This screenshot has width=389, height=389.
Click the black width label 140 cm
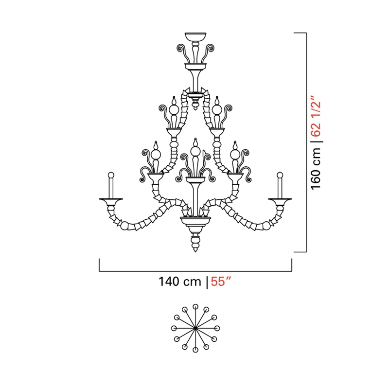(x=179, y=282)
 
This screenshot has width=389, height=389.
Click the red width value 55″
(x=221, y=282)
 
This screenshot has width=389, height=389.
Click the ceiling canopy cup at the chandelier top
(x=195, y=37)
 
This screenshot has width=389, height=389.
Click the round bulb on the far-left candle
(x=111, y=175)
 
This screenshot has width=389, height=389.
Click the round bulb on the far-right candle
(x=280, y=175)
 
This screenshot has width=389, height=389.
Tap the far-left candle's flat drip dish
(x=111, y=199)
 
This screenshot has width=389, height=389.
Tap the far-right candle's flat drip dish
(x=280, y=199)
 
